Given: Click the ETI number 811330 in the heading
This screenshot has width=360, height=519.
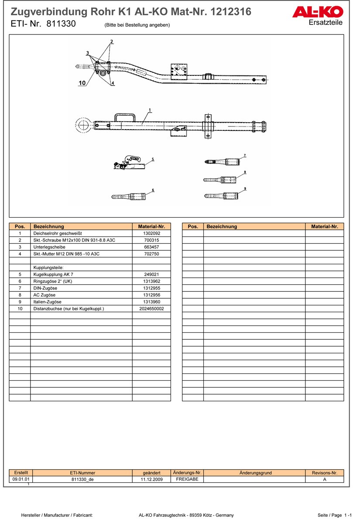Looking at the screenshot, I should pyautogui.click(x=61, y=24).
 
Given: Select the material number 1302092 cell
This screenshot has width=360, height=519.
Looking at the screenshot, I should pyautogui.click(x=151, y=233).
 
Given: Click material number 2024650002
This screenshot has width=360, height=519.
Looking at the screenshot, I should pyautogui.click(x=151, y=308).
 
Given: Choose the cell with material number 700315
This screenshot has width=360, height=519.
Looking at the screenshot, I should pyautogui.click(x=151, y=240).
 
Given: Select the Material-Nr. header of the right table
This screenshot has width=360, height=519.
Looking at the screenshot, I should pyautogui.click(x=324, y=226).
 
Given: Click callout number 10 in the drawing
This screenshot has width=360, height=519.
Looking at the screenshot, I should pyautogui.click(x=82, y=83).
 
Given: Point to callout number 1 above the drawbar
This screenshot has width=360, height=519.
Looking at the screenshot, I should pyautogui.click(x=150, y=110).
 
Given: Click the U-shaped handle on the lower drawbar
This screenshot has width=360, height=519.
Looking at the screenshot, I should pyautogui.click(x=125, y=118).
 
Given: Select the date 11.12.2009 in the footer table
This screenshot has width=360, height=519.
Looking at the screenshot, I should pyautogui.click(x=151, y=479).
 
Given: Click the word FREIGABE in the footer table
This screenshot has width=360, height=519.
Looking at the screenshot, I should pyautogui.click(x=187, y=479).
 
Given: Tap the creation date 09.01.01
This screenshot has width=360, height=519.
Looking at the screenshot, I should pyautogui.click(x=21, y=479).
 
